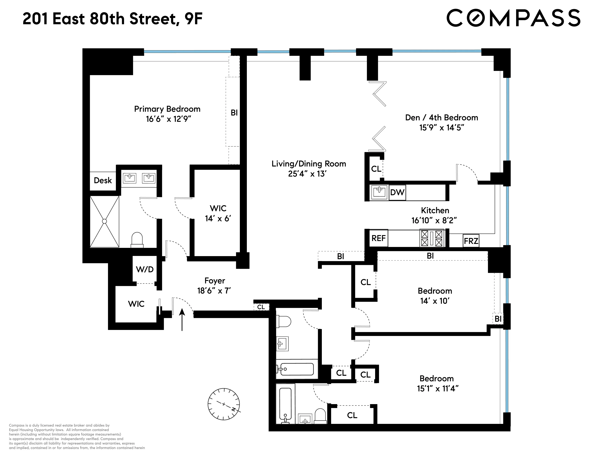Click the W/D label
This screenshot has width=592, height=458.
pos(145,269)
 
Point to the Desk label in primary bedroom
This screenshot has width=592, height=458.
pos(103,181)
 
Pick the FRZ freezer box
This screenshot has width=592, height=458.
pos(471,241)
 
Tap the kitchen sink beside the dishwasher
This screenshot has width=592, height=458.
pos(379,192)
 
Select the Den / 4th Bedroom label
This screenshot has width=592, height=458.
pos(441,117)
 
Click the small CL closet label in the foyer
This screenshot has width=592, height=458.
pos(261,307)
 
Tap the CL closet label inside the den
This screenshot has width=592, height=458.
pos(376,169)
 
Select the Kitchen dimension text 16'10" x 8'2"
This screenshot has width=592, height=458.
pos(434,220)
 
